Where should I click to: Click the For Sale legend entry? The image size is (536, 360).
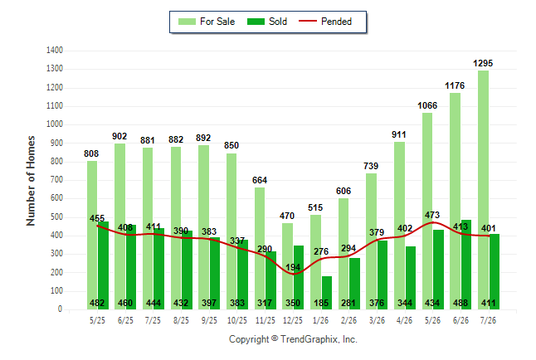(x=207, y=22)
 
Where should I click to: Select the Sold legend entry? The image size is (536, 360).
(x=267, y=22)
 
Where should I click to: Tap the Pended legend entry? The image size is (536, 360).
(x=325, y=22)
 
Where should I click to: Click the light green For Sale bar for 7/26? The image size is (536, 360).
(x=483, y=190)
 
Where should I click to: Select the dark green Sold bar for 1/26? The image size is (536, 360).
(x=326, y=293)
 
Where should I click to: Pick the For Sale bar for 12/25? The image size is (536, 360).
(x=287, y=266)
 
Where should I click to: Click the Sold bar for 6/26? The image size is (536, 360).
(x=466, y=265)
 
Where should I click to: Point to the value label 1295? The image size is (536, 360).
(x=483, y=63)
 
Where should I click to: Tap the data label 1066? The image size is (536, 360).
(x=427, y=105)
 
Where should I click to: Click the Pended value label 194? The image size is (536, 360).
(x=293, y=267)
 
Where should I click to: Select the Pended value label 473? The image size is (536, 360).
(x=432, y=215)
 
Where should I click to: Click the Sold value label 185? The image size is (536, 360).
(x=321, y=303)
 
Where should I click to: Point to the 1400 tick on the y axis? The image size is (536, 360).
(x=55, y=51)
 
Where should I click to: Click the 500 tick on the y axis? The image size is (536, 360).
(x=56, y=216)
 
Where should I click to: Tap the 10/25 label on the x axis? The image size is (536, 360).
(x=237, y=320)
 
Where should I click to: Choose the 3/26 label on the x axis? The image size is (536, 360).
(x=377, y=320)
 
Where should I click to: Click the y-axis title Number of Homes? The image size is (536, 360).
(x=31, y=181)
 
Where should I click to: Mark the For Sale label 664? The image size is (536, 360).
(x=260, y=180)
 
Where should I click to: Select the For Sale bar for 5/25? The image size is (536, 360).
(x=92, y=236)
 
